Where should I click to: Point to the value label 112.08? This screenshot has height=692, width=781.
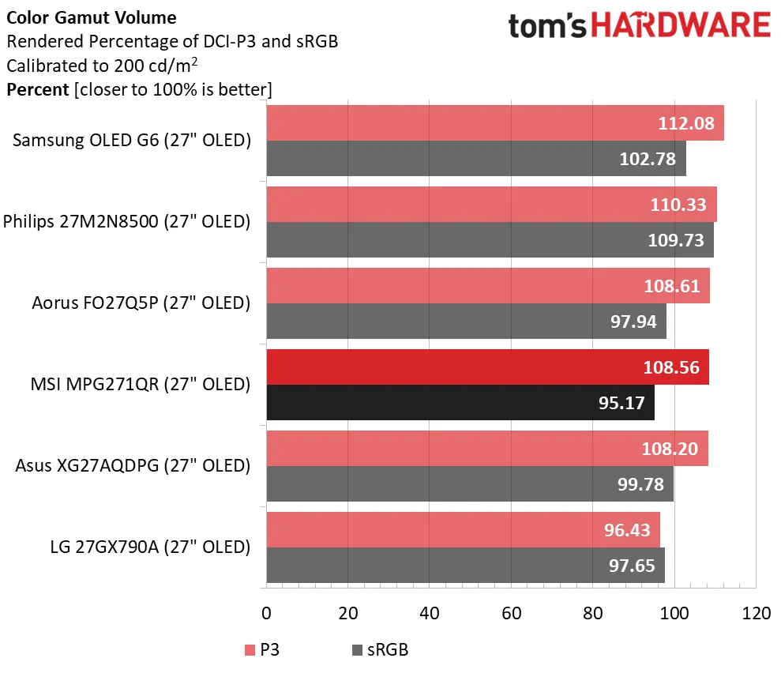pyautogui.click(x=686, y=123)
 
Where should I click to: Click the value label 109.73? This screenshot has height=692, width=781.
pyautogui.click(x=675, y=240)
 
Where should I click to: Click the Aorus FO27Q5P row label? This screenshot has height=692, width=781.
pyautogui.click(x=141, y=303)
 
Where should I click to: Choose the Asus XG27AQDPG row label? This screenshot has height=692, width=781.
pyautogui.click(x=133, y=466)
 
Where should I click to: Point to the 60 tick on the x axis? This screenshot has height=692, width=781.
pyautogui.click(x=510, y=613)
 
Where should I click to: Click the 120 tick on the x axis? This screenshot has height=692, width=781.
pyautogui.click(x=755, y=613)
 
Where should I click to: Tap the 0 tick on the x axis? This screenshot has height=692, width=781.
pyautogui.click(x=266, y=613)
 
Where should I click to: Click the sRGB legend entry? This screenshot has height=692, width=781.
pyautogui.click(x=380, y=650)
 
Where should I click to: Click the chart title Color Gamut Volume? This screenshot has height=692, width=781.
pyautogui.click(x=92, y=17)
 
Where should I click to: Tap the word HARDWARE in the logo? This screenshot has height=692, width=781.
pyautogui.click(x=679, y=26)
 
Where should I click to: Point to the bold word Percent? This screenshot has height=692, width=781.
pyautogui.click(x=38, y=89)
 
